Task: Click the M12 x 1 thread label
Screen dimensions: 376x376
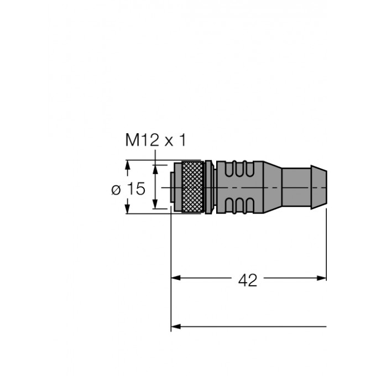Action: click(156, 140)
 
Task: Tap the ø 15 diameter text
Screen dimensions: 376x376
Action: click(128, 189)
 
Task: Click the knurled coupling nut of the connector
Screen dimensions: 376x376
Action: click(191, 187)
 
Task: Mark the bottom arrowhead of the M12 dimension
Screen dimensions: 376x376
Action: click(156, 206)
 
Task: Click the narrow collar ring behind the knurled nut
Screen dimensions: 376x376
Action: click(208, 187)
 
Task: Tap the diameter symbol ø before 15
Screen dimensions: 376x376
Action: click(116, 190)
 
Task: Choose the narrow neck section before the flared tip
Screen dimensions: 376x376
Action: click(296, 187)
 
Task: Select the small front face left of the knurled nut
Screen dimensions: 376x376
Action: click(173, 187)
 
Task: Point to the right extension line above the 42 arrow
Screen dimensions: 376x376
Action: click(326, 243)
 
